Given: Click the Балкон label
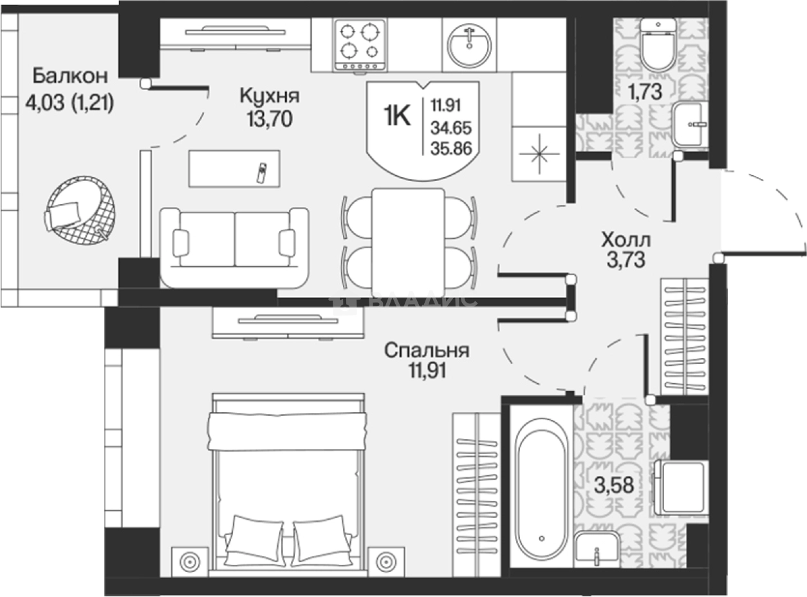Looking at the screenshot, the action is click(x=70, y=76).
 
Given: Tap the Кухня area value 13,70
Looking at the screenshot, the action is click(x=270, y=118).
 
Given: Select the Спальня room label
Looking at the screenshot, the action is click(x=427, y=350).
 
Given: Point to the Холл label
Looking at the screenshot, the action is click(x=626, y=240).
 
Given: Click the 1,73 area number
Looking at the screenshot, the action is click(x=645, y=91).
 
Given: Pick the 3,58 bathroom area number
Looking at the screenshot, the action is click(x=614, y=485).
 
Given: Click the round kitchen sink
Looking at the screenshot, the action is click(x=469, y=46).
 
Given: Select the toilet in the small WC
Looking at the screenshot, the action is click(x=658, y=45).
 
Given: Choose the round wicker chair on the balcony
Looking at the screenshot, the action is click(x=81, y=210).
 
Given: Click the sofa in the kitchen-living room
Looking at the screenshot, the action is click(x=235, y=248).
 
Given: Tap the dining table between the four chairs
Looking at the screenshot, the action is click(x=408, y=242).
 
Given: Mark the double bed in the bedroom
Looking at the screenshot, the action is click(x=288, y=486).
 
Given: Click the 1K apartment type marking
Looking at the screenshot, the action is click(x=397, y=117).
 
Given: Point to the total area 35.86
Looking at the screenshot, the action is click(x=451, y=149).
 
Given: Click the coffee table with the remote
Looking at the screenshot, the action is click(x=235, y=169).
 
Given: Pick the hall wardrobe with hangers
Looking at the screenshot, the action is click(x=685, y=337).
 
